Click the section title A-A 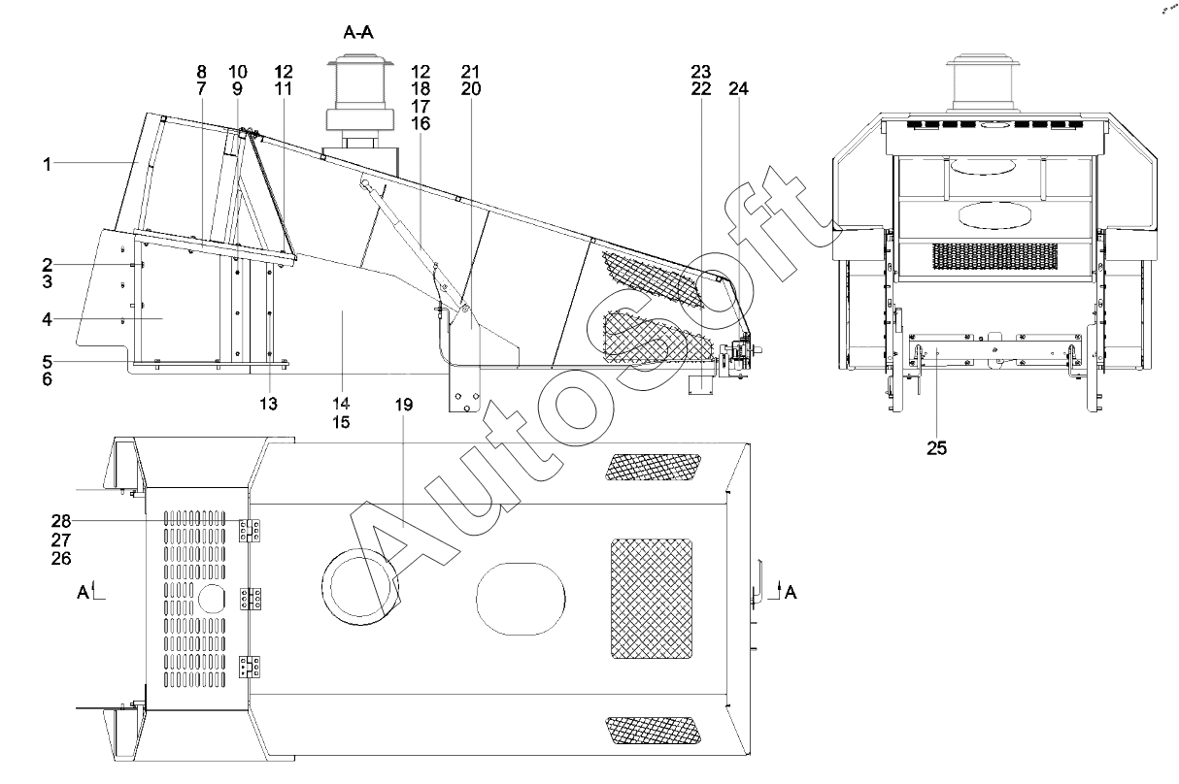[358, 32]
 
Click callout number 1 [46, 164]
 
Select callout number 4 [46, 318]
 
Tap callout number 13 [269, 403]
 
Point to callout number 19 [404, 405]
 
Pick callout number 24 [738, 89]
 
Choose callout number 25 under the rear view [936, 448]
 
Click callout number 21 [471, 72]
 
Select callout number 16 [421, 123]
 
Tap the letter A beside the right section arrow [791, 590]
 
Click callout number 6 [46, 378]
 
